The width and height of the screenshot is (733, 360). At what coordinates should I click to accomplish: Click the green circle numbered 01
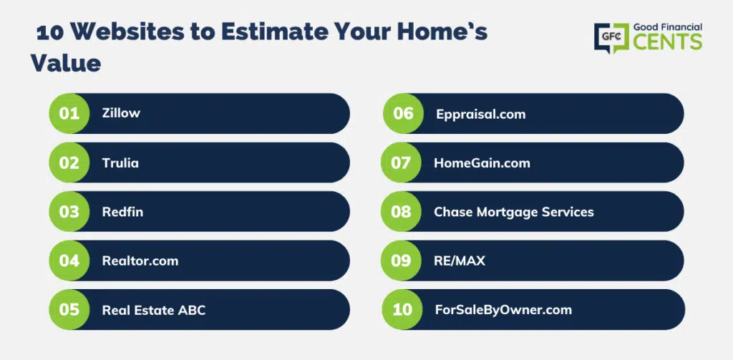69,114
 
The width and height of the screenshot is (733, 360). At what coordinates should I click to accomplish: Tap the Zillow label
121,113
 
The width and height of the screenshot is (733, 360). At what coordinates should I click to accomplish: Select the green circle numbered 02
69,162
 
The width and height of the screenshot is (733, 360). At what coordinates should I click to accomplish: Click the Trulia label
120,162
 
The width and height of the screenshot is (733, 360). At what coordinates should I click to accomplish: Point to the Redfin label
122,212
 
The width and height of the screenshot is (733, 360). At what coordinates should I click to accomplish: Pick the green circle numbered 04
69,261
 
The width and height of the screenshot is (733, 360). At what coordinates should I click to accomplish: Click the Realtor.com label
140,261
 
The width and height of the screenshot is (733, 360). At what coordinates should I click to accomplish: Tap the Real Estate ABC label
154,310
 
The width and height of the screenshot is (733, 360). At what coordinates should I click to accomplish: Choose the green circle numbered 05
69,309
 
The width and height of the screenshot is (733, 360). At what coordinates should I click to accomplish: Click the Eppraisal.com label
480,114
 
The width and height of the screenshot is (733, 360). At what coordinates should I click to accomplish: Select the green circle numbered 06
403,114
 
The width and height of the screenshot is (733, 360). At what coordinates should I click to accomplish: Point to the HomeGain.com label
482,162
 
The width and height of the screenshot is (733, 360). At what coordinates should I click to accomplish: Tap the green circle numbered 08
401,212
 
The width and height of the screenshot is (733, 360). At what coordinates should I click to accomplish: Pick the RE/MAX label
460,261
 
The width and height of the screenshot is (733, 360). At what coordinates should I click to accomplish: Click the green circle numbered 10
402,309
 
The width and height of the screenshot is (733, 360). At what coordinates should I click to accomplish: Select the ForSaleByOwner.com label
503,309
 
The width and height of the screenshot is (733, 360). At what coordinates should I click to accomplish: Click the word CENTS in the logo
668,42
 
